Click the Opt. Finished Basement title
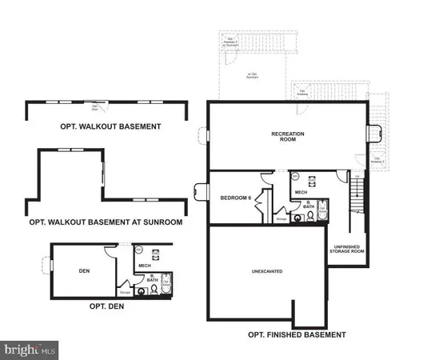297,334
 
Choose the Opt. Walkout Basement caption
111,126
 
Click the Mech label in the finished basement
301,192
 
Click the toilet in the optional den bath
142,291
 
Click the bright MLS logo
30,349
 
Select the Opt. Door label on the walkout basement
96,107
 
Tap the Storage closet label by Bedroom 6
281,216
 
